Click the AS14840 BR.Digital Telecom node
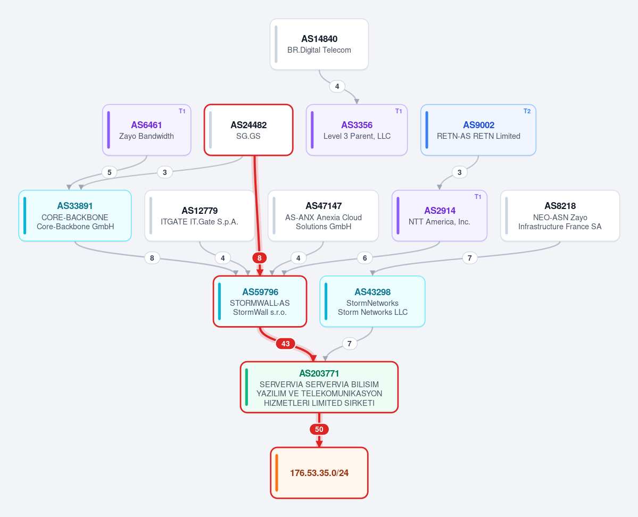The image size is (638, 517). pos(319,44)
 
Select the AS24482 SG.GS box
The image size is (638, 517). pos(248,130)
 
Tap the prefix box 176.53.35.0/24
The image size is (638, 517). pos(319,473)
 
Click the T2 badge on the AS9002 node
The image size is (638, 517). pos(527,111)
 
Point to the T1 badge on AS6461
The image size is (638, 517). pos(182,111)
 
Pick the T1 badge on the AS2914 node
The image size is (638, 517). pos(478,197)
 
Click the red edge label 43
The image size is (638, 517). pos(286,344)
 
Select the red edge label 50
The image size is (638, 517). pos(319,429)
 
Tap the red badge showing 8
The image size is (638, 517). pos(260,258)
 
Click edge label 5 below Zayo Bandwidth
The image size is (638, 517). pos(110,172)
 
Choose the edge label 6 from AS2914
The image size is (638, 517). pos(364,258)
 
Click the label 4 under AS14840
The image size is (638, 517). pos(337,86)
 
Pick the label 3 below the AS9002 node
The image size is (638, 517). pos(459,172)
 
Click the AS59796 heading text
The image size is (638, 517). pos(260,292)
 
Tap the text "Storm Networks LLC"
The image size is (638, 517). pos(372,312)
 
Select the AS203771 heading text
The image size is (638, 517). pos(319,373)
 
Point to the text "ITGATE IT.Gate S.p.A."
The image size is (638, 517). pos(200,222)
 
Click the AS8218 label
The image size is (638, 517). pos(560,206)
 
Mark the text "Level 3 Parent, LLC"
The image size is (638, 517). pos(357,136)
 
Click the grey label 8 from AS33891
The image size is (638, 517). pos(152,258)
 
